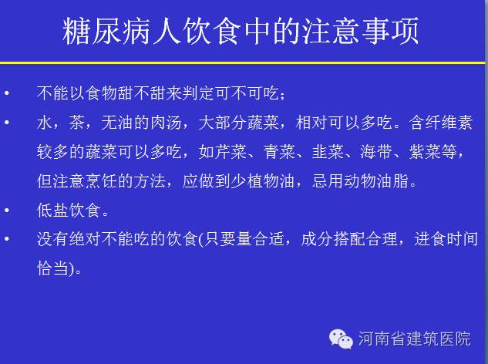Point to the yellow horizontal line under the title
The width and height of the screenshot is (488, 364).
click(x=242, y=63)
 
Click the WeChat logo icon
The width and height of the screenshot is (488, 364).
click(x=341, y=339)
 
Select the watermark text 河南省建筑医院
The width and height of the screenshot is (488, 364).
click(x=414, y=339)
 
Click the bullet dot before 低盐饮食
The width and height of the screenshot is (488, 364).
click(x=7, y=211)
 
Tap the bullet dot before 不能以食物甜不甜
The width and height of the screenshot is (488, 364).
click(x=7, y=93)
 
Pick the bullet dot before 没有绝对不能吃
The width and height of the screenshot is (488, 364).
click(x=7, y=239)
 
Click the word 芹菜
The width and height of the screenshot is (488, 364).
click(x=231, y=152)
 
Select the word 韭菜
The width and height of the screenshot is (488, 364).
click(x=328, y=152)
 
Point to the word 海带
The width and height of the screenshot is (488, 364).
click(x=376, y=152)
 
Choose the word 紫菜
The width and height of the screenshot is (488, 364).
click(x=425, y=152)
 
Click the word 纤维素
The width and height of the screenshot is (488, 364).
click(x=449, y=123)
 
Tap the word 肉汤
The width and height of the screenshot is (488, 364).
click(x=166, y=123)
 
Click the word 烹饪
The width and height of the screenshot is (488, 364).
click(x=101, y=181)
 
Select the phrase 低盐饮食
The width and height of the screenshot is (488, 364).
click(x=69, y=211)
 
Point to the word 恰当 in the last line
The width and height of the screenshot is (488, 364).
click(x=52, y=268)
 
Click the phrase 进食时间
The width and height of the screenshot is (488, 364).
click(x=446, y=239)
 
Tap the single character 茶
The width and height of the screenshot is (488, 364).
click(x=77, y=123)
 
